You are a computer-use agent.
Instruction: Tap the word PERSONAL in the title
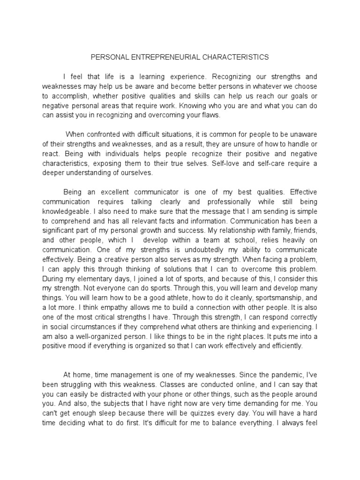pos(107,57)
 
